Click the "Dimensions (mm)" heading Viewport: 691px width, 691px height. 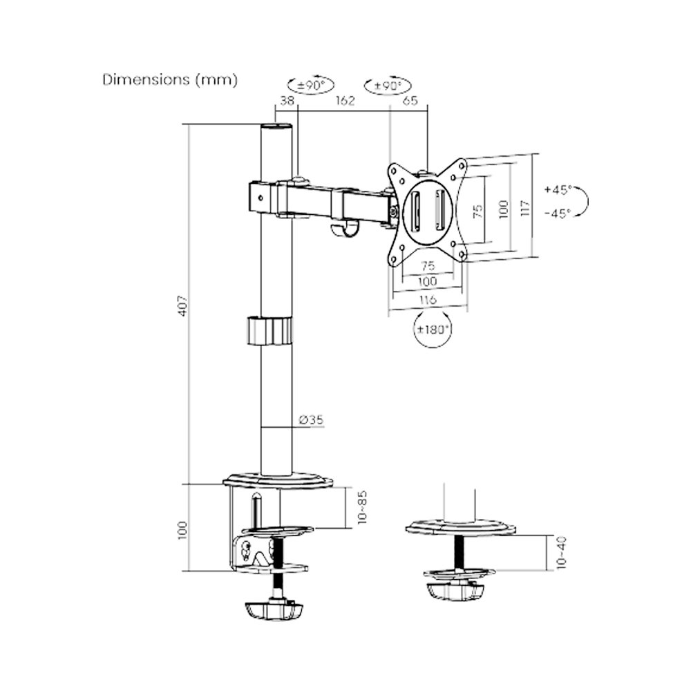(170, 79)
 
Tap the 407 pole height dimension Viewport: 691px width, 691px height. (183, 305)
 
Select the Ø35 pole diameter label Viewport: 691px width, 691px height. (311, 419)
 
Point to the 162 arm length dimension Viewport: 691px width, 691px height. (345, 100)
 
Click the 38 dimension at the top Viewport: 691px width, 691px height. (287, 100)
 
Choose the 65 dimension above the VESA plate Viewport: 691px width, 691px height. (410, 100)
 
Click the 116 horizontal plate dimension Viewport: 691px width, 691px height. (428, 300)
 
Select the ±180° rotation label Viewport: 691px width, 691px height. (433, 329)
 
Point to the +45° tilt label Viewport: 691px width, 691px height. (558, 190)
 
